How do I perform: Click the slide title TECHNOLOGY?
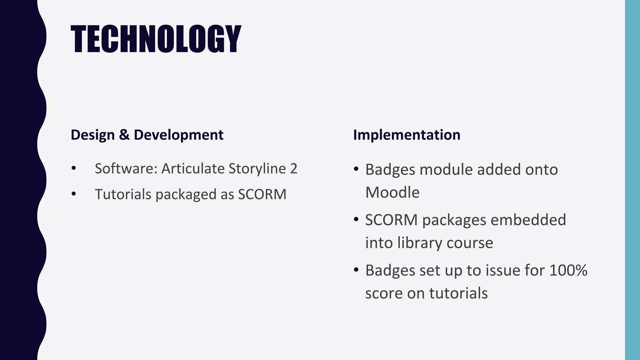[156, 39]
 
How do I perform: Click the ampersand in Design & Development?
[124, 135]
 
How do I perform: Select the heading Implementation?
[407, 135]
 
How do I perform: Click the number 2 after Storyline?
[293, 169]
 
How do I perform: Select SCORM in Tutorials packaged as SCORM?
[262, 194]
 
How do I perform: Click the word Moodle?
[392, 192]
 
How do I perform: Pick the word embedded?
[528, 220]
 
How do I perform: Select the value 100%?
[568, 270]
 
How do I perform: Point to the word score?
[384, 293]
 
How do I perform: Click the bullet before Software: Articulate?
[74, 168]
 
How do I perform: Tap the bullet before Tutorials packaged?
[74, 194]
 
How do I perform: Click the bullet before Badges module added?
[356, 169]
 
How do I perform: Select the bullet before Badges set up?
[356, 270]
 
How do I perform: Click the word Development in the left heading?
[178, 135]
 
